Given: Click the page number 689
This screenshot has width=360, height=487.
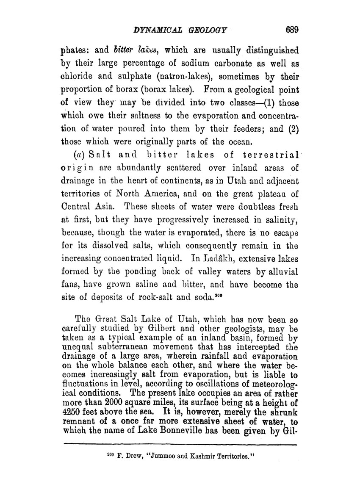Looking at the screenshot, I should click(x=292, y=30).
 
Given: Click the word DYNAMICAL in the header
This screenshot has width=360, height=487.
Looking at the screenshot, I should click(x=157, y=30).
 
